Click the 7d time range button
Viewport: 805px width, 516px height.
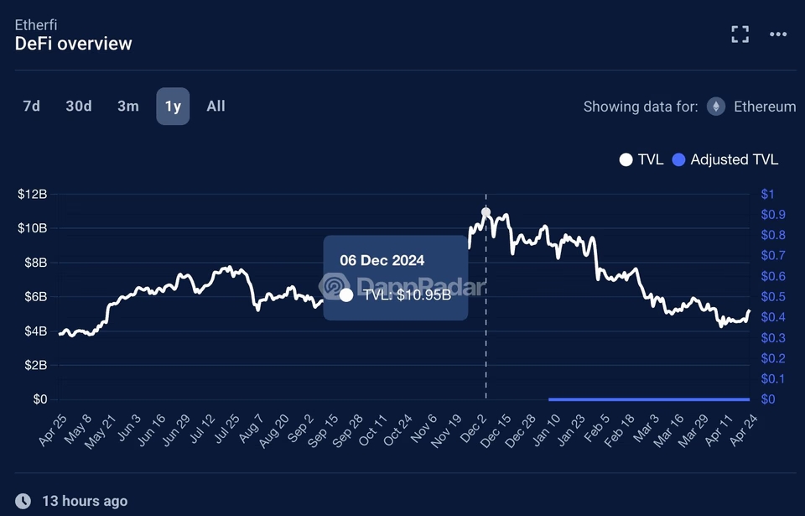31,106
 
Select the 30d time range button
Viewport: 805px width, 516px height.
79,106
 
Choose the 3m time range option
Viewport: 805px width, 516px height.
127,106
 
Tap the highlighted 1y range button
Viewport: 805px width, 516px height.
173,106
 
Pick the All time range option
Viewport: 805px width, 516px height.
216,106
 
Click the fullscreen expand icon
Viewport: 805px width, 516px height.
740,34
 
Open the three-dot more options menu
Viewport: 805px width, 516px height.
778,34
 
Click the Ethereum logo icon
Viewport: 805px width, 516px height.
715,107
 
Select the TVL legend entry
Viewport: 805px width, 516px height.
641,159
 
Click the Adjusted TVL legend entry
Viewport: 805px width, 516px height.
725,159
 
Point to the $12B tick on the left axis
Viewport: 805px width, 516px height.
32,194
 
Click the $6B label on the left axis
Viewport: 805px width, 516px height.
34,296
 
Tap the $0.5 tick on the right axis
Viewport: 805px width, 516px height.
772,296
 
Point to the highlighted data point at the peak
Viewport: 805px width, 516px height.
486,212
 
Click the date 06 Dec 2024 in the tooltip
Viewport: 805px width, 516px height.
382,260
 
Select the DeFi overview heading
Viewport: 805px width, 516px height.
74,44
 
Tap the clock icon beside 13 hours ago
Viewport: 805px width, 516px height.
23,501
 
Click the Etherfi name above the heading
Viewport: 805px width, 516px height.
36,24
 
